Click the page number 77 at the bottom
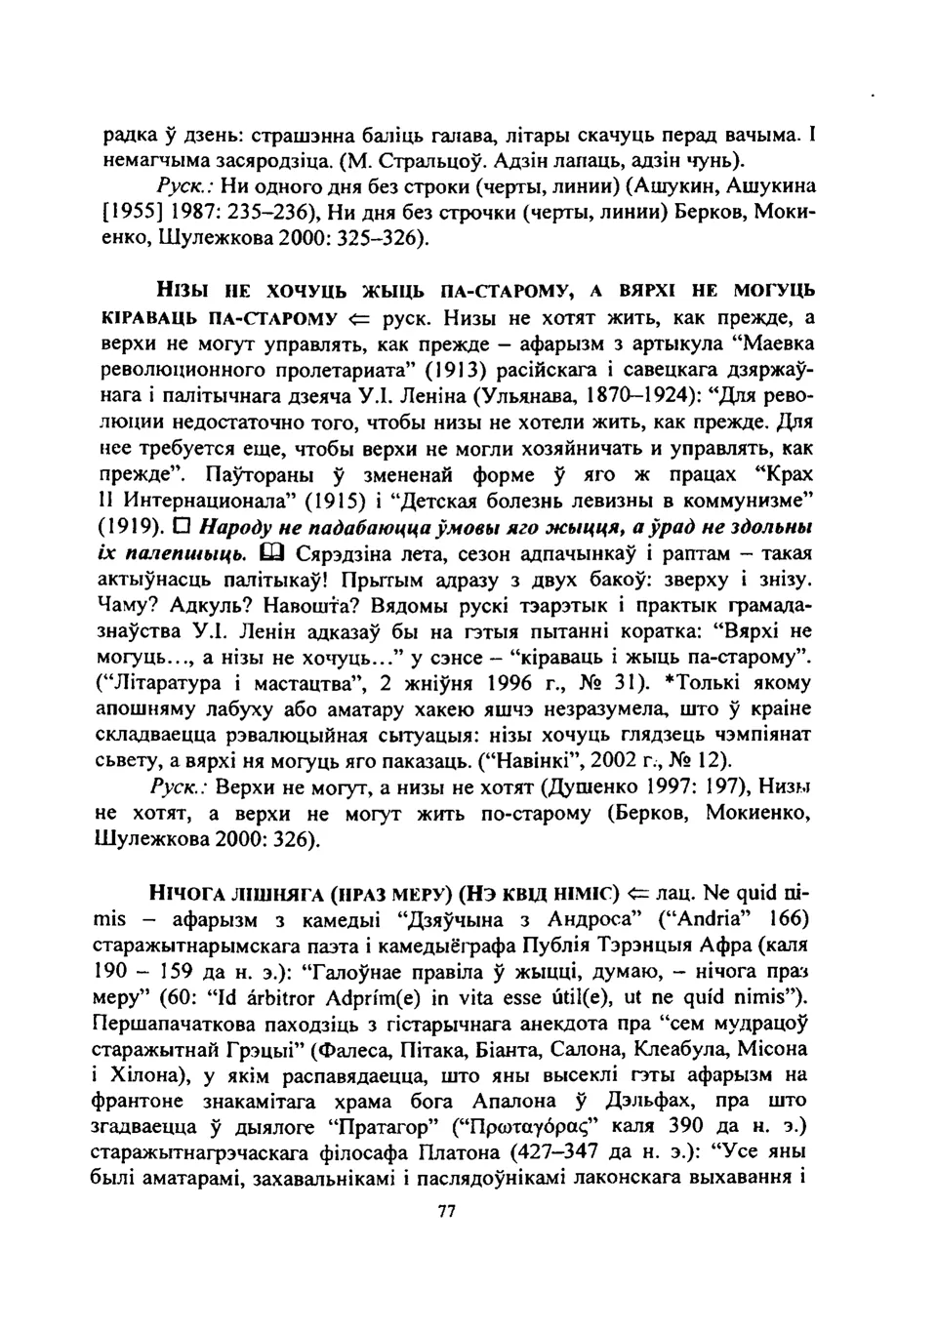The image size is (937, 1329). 447,1211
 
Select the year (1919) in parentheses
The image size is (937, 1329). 129,528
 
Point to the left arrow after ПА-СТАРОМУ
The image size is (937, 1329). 358,317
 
